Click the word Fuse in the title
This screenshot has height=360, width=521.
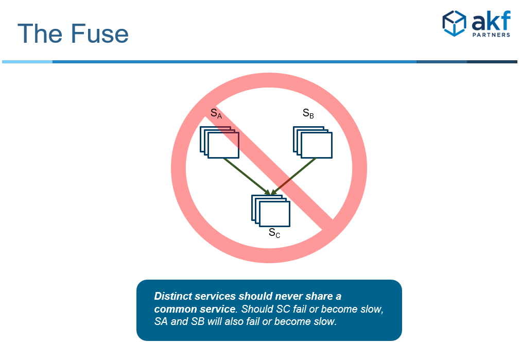(100, 33)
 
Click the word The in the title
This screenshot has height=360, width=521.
(40, 33)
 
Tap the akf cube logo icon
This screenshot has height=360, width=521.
(454, 23)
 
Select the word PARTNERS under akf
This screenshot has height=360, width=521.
(491, 35)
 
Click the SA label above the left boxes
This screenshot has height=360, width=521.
(216, 113)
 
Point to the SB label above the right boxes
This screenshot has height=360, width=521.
(308, 113)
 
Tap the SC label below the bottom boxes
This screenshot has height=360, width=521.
(274, 233)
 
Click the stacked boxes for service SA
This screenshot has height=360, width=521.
(219, 142)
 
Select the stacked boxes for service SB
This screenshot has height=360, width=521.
(312, 142)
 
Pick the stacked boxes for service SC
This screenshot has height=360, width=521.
(271, 211)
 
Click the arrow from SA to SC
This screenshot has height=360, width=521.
(247, 177)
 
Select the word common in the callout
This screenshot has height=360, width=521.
(175, 309)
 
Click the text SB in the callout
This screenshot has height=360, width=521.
(197, 321)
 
